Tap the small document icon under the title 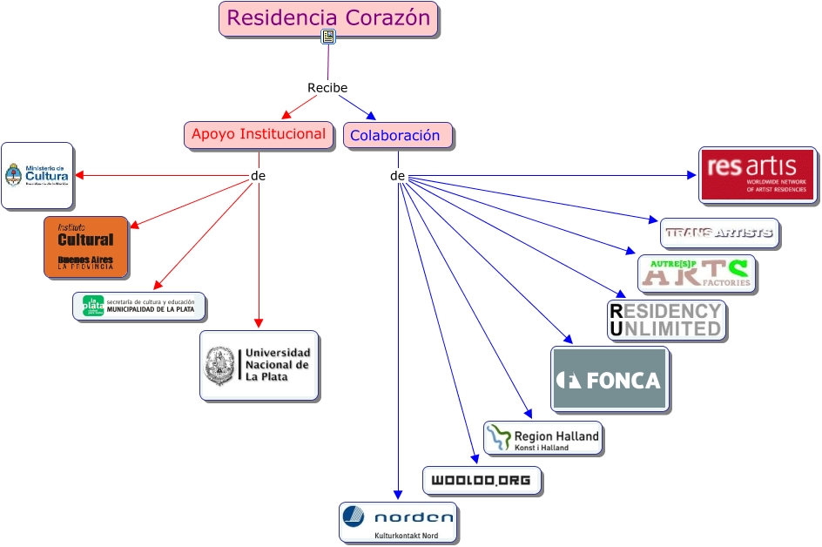[328, 37]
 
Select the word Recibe [327, 88]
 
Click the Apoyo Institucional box [259, 135]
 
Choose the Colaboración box [397, 136]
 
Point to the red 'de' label [258, 176]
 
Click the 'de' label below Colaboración [398, 176]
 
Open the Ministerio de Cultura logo [37, 176]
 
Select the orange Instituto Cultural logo [86, 247]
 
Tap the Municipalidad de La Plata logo [139, 307]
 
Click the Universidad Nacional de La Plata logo [259, 366]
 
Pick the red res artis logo [758, 175]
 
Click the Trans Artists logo [718, 233]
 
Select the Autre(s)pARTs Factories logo [696, 273]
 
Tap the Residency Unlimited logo [666, 321]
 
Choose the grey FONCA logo [610, 379]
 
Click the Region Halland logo [542, 438]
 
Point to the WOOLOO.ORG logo [482, 481]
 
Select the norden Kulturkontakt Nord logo [398, 523]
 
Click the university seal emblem [219, 366]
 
